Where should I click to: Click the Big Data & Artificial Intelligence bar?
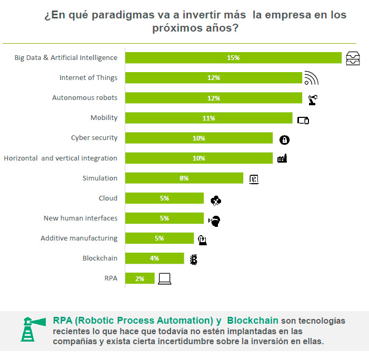click(233, 58)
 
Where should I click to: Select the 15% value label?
click(233, 58)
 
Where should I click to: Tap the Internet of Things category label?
click(88, 78)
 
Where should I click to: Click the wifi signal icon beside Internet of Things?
click(312, 78)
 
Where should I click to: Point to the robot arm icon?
click(312, 98)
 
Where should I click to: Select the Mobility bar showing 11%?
click(208, 118)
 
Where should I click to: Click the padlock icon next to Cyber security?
click(284, 139)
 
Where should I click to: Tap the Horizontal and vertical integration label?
click(61, 158)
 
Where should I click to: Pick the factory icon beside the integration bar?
click(282, 158)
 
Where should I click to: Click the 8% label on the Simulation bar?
click(184, 178)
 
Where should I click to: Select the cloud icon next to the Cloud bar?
click(216, 200)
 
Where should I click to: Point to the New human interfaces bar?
click(164, 218)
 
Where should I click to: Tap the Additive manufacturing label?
click(78, 238)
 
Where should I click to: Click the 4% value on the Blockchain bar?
click(154, 258)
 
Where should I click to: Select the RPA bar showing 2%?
click(140, 278)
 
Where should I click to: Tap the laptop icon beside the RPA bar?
click(165, 278)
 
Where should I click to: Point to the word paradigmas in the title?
click(121, 15)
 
